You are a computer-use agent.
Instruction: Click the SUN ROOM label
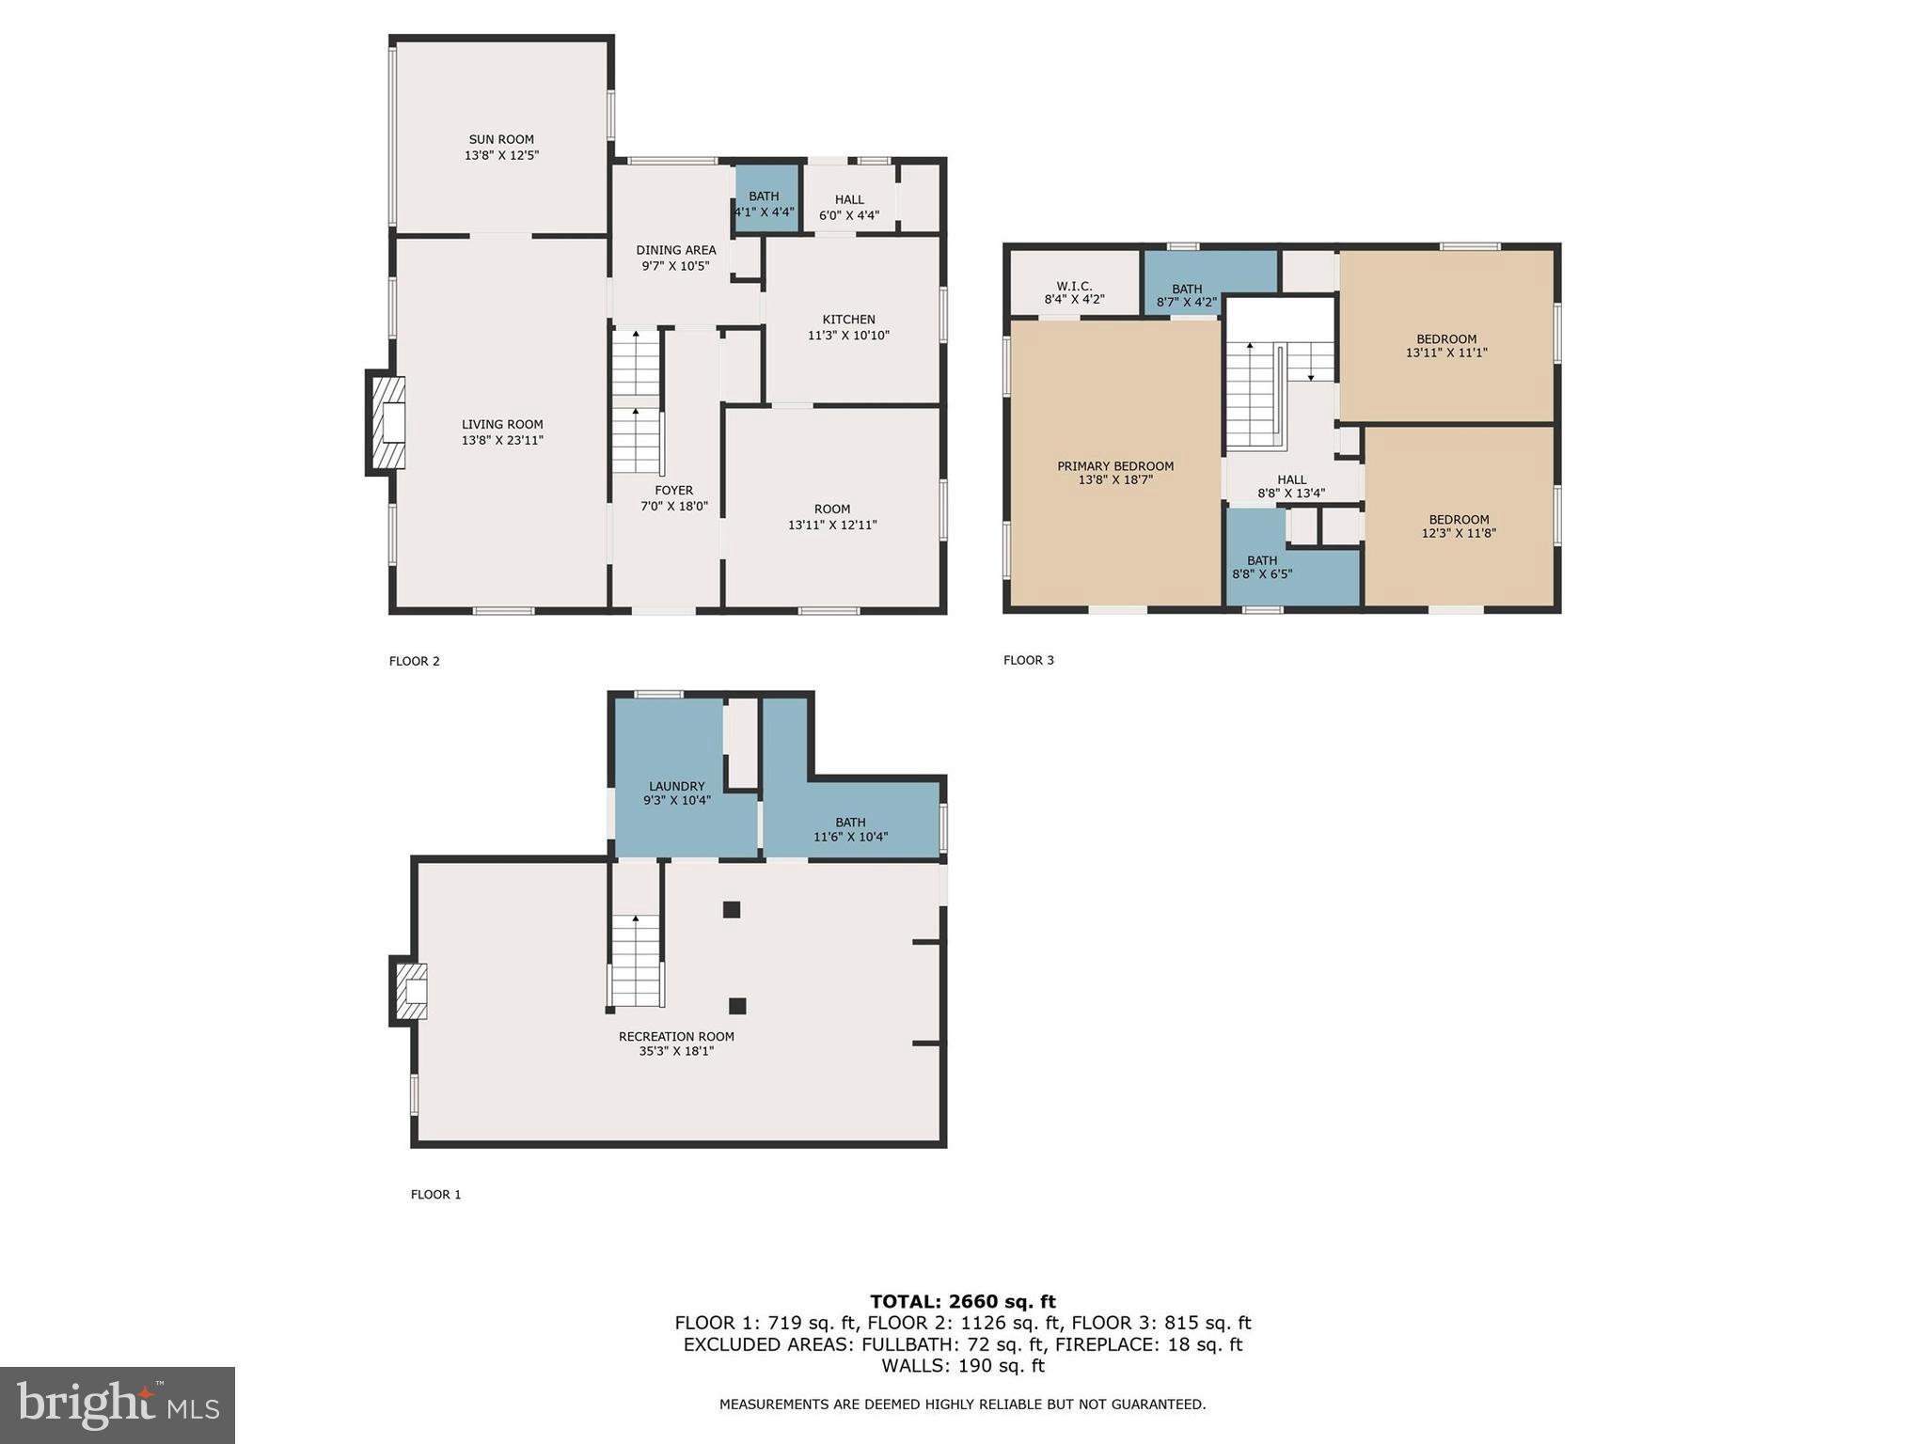pyautogui.click(x=501, y=139)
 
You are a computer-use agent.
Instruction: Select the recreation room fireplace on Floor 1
pyautogui.click(x=411, y=991)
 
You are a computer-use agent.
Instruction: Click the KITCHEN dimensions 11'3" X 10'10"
pyautogui.click(x=848, y=335)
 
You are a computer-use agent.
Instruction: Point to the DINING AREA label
pyautogui.click(x=675, y=250)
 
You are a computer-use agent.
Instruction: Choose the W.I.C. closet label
pyautogui.click(x=1074, y=286)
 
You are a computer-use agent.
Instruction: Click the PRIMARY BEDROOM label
pyautogui.click(x=1115, y=466)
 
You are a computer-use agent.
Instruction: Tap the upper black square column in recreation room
pyautogui.click(x=732, y=909)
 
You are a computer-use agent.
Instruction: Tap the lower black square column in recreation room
pyautogui.click(x=737, y=1006)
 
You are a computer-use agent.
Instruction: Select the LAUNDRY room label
pyautogui.click(x=676, y=786)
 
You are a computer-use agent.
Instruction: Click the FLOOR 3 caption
pyautogui.click(x=1028, y=660)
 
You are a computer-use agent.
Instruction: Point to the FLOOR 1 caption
pyautogui.click(x=435, y=1194)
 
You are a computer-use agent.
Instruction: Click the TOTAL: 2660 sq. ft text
pyautogui.click(x=962, y=1301)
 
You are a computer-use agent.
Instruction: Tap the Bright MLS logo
pyautogui.click(x=118, y=1405)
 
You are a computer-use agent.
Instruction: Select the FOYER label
pyautogui.click(x=673, y=490)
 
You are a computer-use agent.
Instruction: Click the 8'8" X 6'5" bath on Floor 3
pyautogui.click(x=1262, y=567)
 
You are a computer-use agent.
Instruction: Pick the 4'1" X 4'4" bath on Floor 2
pyautogui.click(x=765, y=204)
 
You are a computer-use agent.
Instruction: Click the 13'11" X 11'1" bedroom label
pyautogui.click(x=1445, y=346)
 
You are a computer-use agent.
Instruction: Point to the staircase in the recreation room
pyautogui.click(x=637, y=960)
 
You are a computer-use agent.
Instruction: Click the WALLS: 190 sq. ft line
pyautogui.click(x=962, y=1366)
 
